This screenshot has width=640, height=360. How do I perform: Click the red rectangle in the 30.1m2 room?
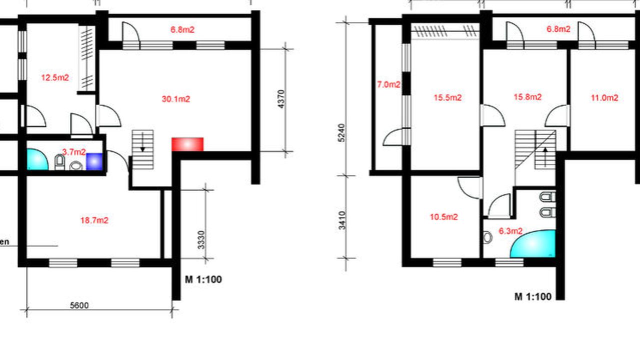tap(187, 144)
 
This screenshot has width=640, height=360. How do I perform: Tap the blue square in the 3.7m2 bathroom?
tap(94, 161)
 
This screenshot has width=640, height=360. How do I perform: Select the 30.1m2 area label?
tap(176, 99)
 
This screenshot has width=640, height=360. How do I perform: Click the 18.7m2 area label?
tap(94, 220)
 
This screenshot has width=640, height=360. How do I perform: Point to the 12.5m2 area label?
tap(55, 77)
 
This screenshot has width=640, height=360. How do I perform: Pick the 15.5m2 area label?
tap(447, 97)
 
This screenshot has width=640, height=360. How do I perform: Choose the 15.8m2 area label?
tap(527, 97)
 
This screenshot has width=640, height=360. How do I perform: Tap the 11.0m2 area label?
tap(604, 97)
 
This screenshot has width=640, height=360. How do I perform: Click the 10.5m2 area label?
tap(444, 217)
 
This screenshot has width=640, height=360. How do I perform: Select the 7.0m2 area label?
tap(388, 84)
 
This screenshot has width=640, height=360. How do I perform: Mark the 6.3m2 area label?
tap(510, 231)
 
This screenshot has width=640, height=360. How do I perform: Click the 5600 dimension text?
tap(79, 305)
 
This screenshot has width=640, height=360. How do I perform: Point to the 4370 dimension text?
tap(281, 99)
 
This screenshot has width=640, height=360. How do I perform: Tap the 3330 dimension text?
tap(201, 239)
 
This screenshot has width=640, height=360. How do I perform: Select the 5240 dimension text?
tap(341, 132)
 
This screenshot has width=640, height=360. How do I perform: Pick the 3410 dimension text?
tap(342, 220)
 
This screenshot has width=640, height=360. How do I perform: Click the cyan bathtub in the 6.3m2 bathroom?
tap(533, 243)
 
